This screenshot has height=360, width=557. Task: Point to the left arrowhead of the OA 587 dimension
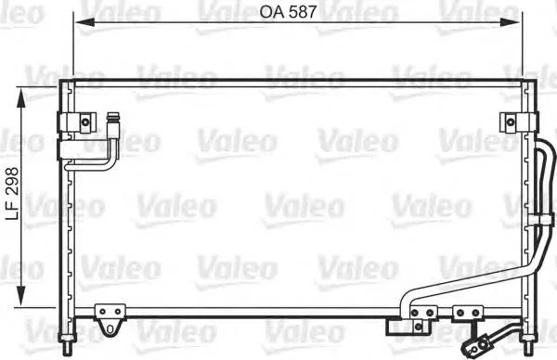pos(81,20)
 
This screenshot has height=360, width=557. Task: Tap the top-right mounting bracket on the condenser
pos(510,122)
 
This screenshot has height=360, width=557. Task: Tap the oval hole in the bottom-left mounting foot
pos(111,328)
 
